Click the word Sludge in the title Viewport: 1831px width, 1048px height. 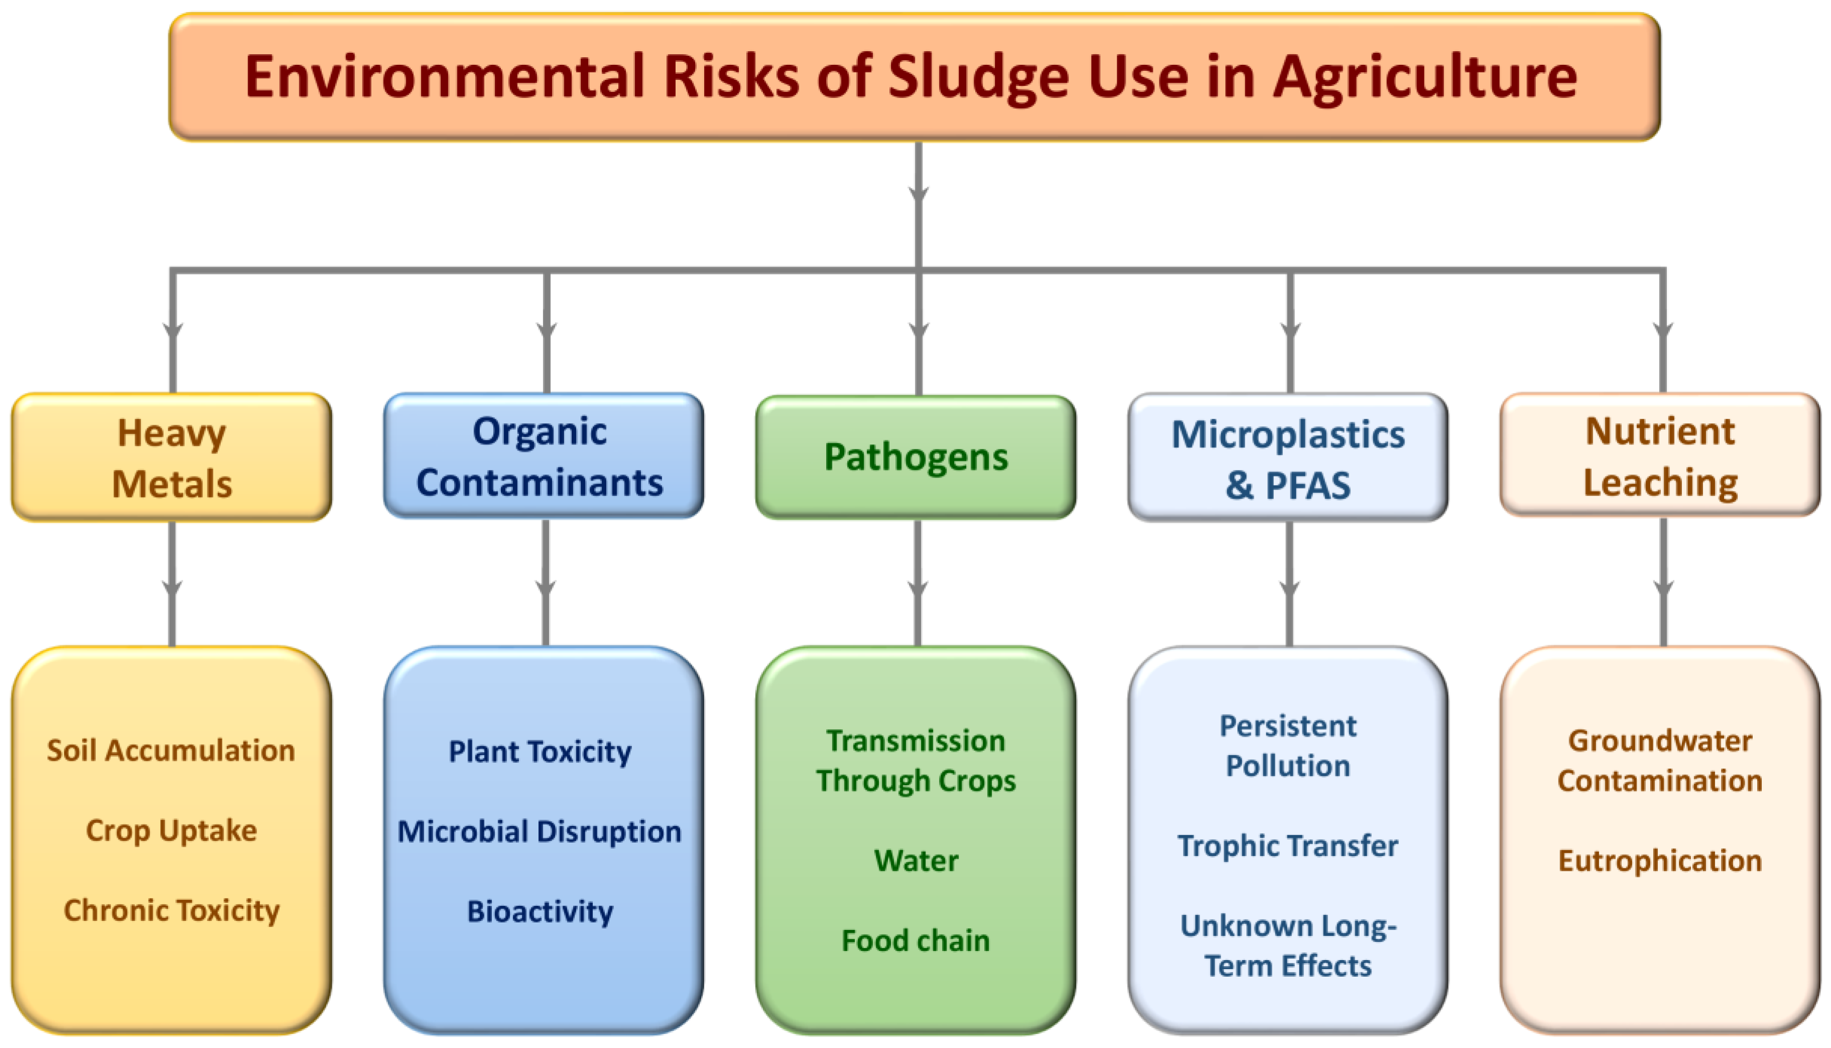coord(978,78)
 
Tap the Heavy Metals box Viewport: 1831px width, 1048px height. coord(172,457)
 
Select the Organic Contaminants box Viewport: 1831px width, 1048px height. coord(544,455)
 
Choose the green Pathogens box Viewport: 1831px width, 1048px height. coord(916,457)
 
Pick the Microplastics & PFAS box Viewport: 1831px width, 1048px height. coord(1288,457)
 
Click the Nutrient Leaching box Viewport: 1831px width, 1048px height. coord(1660,455)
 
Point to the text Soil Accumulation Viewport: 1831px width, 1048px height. coord(171,750)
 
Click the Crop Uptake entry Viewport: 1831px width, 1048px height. coord(171,831)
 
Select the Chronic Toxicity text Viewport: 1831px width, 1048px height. coord(171,910)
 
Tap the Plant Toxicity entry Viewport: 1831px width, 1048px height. coord(540,751)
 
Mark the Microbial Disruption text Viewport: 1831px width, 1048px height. coord(540,832)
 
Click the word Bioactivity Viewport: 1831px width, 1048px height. coord(540,911)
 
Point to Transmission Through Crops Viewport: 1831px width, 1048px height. coord(916,761)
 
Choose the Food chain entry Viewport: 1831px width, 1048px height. coord(916,940)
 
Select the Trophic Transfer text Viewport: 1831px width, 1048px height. coord(1288,846)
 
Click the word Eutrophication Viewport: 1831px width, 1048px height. coord(1660,861)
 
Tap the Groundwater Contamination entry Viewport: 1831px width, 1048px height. coord(1660,761)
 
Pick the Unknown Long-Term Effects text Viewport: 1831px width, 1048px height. coord(1288,946)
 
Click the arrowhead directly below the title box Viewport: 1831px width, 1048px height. coord(919,194)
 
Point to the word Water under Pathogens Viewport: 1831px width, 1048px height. coord(916,861)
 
